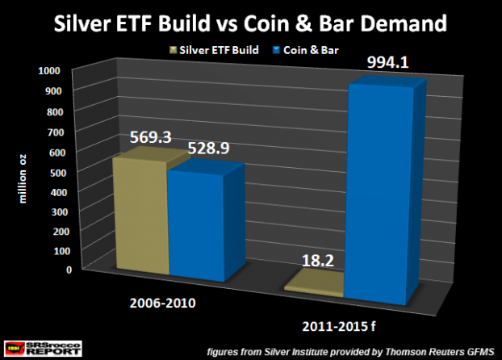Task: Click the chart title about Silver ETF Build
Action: click(x=250, y=23)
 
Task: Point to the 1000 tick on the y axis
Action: click(x=48, y=71)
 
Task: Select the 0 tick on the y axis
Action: click(x=57, y=270)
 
